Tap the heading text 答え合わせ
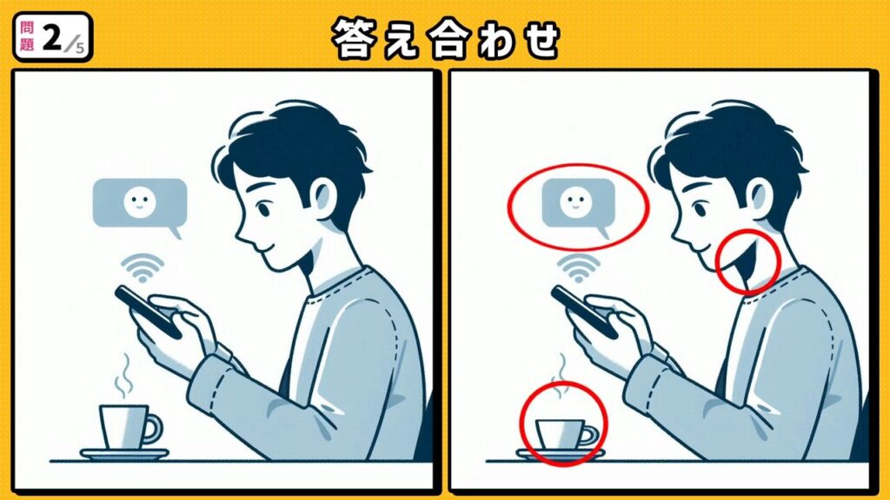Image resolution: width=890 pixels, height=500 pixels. click(444, 38)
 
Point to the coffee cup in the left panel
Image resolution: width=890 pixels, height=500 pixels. click(123, 426)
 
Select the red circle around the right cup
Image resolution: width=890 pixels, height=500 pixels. click(562, 424)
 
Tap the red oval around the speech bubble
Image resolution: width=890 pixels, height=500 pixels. click(578, 207)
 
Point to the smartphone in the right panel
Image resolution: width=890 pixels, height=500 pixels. click(584, 311)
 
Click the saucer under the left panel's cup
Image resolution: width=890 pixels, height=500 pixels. click(123, 454)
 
